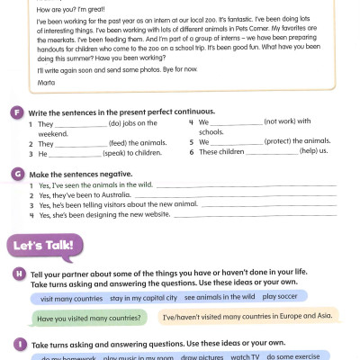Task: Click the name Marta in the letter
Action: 44,82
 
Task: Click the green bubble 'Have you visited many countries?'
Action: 88,318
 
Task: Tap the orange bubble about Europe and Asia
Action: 248,317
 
